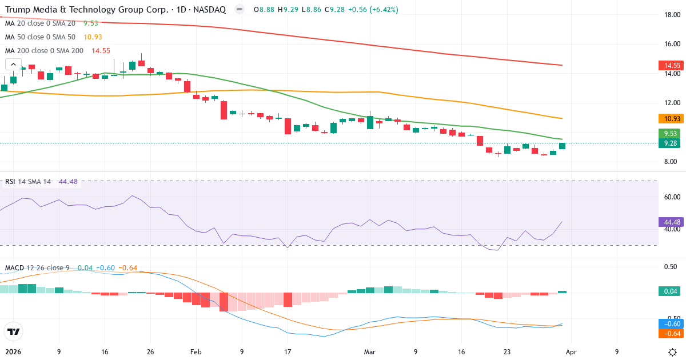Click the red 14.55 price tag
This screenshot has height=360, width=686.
tap(669, 66)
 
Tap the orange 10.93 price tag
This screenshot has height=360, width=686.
tap(669, 119)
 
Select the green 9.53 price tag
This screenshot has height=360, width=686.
tap(669, 134)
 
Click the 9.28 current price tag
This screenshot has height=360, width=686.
tap(669, 143)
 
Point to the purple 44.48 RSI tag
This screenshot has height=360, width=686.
tap(669, 222)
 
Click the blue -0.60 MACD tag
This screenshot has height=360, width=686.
tap(669, 324)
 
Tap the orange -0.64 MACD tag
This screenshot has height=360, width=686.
tap(669, 333)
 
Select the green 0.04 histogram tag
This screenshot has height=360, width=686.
tap(669, 291)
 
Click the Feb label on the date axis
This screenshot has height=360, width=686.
tap(196, 352)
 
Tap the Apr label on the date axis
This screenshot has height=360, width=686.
tap(572, 352)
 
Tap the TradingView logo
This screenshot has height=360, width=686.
tap(13, 331)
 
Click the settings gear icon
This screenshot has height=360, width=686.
tap(672, 351)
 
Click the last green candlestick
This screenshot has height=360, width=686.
tap(562, 146)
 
